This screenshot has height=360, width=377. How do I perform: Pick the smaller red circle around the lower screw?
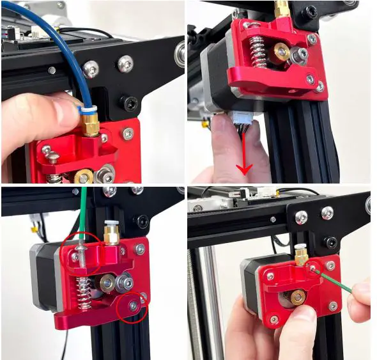[134, 306]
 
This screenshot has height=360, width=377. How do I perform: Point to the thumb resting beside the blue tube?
[38, 115]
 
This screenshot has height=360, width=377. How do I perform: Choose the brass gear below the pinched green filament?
[298, 297]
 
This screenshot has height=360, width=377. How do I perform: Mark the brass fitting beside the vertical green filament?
[111, 233]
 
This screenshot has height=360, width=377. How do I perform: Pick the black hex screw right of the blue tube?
[130, 102]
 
